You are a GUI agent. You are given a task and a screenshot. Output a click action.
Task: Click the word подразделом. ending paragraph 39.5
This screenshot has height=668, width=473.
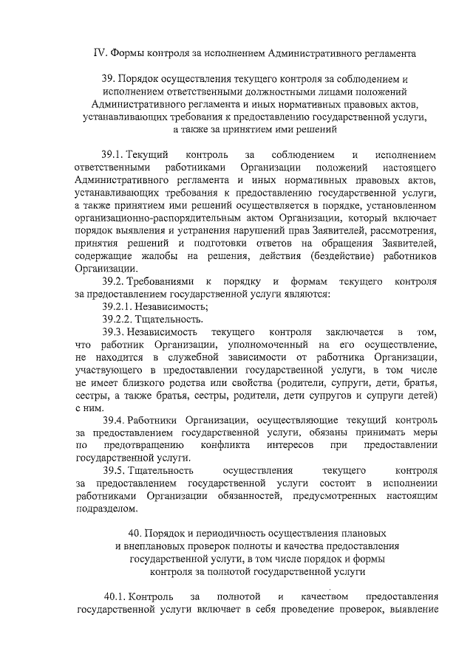(x=106, y=509)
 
